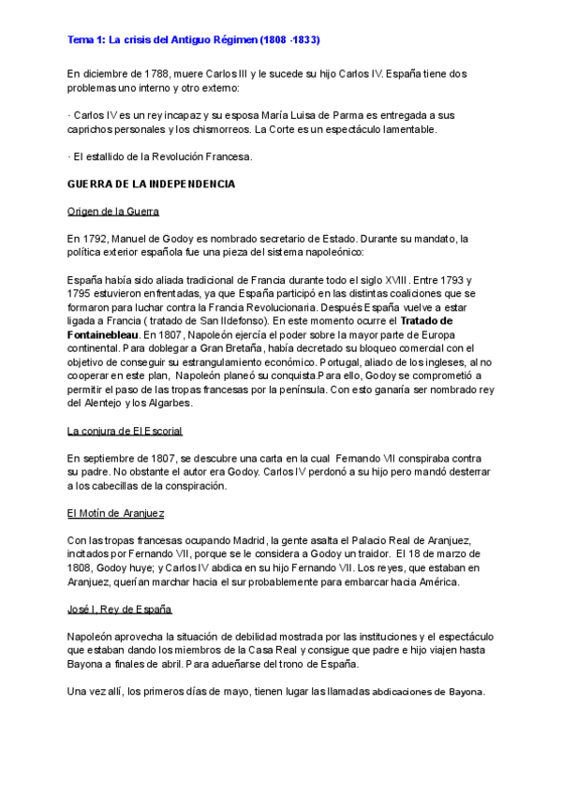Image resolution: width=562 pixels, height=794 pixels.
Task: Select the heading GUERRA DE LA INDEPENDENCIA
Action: coord(151,184)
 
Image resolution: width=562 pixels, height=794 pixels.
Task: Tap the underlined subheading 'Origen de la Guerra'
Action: coord(113,212)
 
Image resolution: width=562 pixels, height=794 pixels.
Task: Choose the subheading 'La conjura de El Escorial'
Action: coord(125,431)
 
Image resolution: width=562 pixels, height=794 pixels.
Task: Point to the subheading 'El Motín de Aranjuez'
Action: coord(115,513)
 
